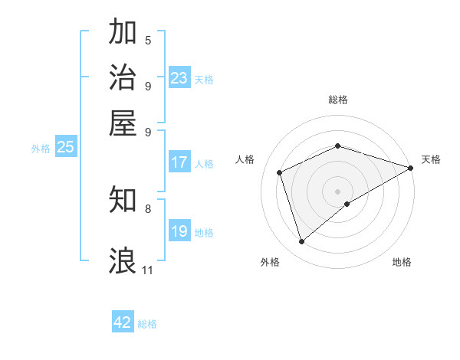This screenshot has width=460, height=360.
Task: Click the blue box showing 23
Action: tap(179, 78)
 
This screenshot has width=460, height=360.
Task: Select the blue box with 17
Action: tap(179, 162)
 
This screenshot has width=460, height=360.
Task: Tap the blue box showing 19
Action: tap(179, 231)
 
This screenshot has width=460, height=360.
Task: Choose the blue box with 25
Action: tap(65, 148)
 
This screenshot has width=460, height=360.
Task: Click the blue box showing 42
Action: tap(123, 322)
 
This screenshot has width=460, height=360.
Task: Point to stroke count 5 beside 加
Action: tap(148, 40)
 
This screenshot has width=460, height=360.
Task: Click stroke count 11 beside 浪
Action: tap(147, 270)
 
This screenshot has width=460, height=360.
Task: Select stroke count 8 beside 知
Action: tap(148, 208)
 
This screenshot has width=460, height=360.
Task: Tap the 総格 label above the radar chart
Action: tap(338, 100)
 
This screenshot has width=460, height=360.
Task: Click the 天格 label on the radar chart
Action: tap(431, 159)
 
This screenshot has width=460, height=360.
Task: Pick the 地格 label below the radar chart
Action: tap(402, 263)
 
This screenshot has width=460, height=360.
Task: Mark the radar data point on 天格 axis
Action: tap(411, 168)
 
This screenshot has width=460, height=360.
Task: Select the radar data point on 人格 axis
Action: tap(280, 172)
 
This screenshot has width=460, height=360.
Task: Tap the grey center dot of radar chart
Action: tap(338, 191)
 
